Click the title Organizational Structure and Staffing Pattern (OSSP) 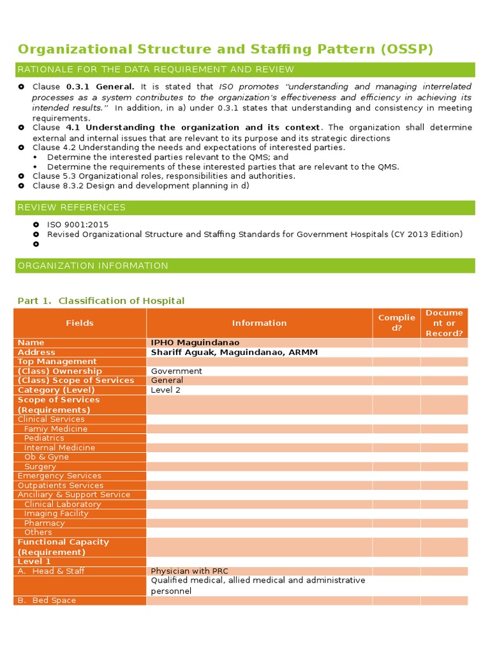click(225, 50)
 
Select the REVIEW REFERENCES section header click(71, 208)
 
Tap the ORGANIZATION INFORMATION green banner click(93, 266)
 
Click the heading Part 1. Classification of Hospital click(101, 301)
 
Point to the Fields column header click(80, 323)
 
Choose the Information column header click(259, 323)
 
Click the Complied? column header click(396, 323)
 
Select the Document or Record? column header click(444, 323)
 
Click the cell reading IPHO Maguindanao click(195, 343)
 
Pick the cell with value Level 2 click(166, 390)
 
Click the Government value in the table click(176, 371)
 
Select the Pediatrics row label click(44, 438)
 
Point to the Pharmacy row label click(44, 523)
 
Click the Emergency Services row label click(59, 476)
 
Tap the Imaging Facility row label click(56, 513)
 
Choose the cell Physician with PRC click(189, 571)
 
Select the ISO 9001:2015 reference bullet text click(78, 225)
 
